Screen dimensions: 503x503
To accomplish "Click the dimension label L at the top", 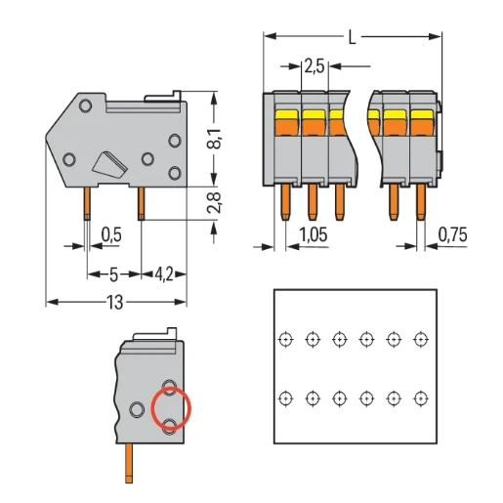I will (x=352, y=37).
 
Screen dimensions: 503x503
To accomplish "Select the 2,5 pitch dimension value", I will (x=314, y=66).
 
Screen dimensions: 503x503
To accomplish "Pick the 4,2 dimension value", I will (x=163, y=274).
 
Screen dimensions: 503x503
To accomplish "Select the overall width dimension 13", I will (x=115, y=303).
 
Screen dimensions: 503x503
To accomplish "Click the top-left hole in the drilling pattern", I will (x=284, y=339).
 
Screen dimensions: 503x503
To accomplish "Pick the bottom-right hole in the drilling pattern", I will (x=421, y=398).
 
